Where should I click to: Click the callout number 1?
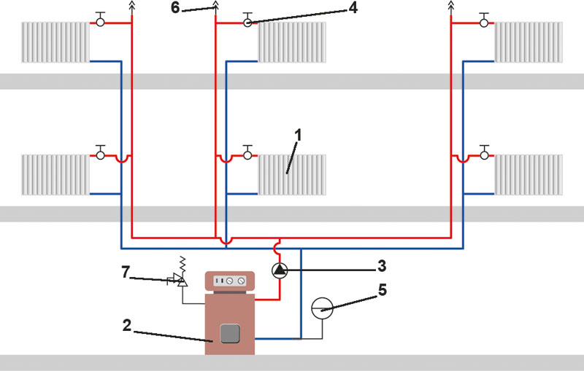point(298,136)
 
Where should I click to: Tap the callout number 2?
point(127,325)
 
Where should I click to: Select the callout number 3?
point(382,266)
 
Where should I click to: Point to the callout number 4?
point(353,7)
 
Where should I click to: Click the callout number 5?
point(383,290)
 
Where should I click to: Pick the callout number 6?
point(175,7)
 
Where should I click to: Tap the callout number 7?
point(126,272)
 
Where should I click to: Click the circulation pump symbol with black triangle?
point(280,270)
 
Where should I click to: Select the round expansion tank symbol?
point(322,308)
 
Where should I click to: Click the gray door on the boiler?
point(230,333)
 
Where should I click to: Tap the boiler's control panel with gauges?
point(230,281)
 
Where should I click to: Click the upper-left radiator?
point(55,42)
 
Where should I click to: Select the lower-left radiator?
point(55,175)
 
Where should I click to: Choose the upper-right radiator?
point(529,42)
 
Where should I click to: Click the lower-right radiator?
point(529,175)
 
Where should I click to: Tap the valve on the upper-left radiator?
point(100,20)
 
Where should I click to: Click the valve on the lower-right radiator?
point(484,153)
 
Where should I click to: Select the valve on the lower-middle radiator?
point(247,153)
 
